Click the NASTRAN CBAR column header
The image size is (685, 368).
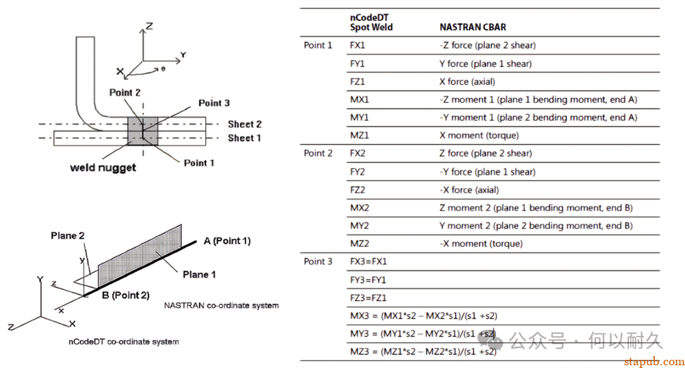[473, 27]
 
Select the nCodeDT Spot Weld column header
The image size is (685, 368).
[371, 23]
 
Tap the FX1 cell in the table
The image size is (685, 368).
[357, 45]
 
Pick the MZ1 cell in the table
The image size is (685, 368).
[359, 135]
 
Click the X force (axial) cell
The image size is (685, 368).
[467, 81]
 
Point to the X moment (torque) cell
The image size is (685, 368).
[479, 135]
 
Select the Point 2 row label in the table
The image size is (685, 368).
[318, 153]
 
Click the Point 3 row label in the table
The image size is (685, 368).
[318, 261]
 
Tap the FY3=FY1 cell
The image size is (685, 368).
[368, 280]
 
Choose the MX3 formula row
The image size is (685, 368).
[424, 315]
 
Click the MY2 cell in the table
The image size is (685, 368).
[359, 226]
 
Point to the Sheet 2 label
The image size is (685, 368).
[245, 124]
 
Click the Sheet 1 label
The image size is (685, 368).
[244, 138]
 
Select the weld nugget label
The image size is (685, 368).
[103, 168]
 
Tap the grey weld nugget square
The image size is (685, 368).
[142, 131]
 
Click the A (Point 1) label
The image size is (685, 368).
[227, 241]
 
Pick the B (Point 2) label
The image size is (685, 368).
[126, 295]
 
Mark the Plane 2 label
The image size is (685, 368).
[67, 236]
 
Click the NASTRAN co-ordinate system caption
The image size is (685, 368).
[221, 306]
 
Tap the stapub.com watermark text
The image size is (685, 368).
[654, 361]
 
